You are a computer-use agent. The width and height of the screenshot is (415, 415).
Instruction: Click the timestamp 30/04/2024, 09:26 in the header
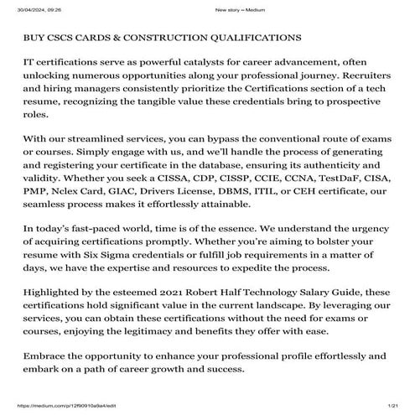tap(24, 8)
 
